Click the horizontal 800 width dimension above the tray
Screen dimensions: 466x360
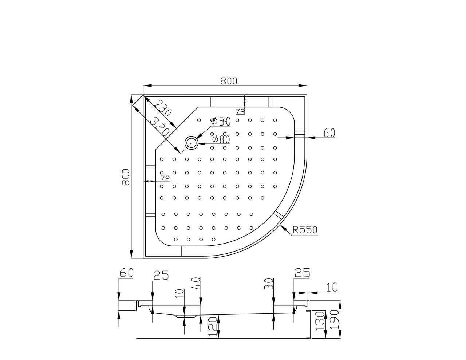pos(229,81)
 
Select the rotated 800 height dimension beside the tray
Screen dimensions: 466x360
pos(126,177)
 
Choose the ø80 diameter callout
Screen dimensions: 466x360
pos(221,139)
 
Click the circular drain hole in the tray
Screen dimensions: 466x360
pos(191,143)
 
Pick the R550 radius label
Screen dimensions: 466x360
pos(305,230)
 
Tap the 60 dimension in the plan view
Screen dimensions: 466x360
pos(329,133)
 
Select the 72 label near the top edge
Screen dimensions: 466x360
pos(240,111)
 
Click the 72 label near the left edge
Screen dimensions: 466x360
pos(165,178)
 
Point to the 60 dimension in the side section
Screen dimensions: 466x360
pos(127,273)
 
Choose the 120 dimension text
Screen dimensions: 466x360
pos(214,325)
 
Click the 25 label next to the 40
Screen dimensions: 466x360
pos(161,276)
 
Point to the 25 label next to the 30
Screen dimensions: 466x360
pos(303,273)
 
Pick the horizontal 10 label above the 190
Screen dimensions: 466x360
pos(332,287)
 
